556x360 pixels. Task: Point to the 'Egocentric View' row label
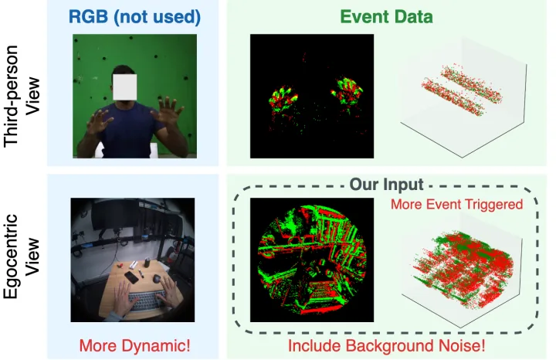(x=23, y=251)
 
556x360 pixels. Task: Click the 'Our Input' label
(x=386, y=185)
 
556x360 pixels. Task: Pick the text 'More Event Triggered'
(x=456, y=205)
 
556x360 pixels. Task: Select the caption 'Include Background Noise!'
(x=387, y=345)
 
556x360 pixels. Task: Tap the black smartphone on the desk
(x=131, y=276)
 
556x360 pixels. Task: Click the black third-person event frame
(x=312, y=96)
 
